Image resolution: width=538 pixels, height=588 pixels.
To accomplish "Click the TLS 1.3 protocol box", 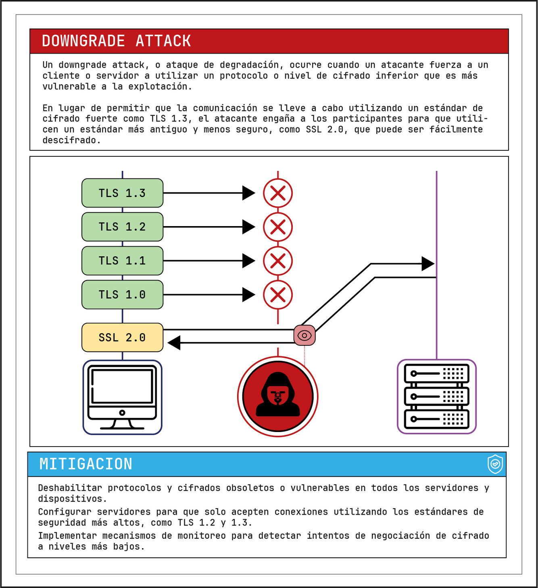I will (x=122, y=193).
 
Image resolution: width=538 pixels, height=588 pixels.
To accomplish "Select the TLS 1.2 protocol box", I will (x=122, y=227).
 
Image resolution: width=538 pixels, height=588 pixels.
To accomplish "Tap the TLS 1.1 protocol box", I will (x=122, y=261).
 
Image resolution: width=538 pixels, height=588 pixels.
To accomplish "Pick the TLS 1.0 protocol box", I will (x=122, y=295).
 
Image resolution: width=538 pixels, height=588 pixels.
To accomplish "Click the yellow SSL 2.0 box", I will (x=122, y=337).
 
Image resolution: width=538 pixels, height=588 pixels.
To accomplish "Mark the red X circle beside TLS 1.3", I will (x=278, y=193).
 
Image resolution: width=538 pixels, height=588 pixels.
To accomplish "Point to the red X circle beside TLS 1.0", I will (x=278, y=295).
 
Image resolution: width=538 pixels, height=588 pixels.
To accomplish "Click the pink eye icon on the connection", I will (x=304, y=335).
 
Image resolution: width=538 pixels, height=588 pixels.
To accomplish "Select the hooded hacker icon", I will (x=278, y=397).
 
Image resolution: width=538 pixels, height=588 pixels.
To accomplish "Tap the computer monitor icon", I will (x=122, y=397).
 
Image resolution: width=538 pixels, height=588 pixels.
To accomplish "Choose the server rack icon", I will (x=437, y=397).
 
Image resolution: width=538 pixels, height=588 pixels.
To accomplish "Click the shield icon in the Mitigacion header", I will (x=495, y=464).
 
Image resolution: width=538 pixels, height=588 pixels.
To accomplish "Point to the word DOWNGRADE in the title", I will (x=83, y=41).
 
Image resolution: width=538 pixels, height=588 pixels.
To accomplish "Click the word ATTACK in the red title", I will (x=163, y=41).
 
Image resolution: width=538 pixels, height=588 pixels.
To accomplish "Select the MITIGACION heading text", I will (x=86, y=464).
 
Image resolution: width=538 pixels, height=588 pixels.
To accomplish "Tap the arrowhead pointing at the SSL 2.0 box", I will (x=174, y=343).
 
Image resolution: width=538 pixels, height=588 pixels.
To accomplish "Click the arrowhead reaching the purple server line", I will (x=428, y=264).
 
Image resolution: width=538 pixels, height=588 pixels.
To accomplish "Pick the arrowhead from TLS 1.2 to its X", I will (x=248, y=227).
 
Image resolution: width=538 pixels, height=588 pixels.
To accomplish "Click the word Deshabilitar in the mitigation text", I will (x=70, y=488).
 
